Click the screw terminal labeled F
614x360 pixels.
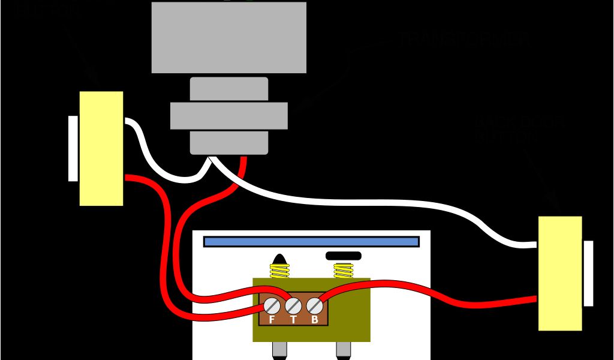[x=272, y=305]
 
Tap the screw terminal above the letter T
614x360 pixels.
[x=293, y=306]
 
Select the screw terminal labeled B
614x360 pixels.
[x=314, y=306]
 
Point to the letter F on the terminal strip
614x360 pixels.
[x=272, y=319]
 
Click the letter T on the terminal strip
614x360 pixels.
[x=293, y=319]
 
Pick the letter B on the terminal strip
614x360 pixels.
[x=314, y=319]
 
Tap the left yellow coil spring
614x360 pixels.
[x=279, y=271]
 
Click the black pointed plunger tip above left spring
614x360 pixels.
[x=279, y=259]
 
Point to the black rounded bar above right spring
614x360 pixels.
[x=343, y=256]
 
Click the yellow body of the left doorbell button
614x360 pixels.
[x=101, y=148]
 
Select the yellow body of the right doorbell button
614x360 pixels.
[x=560, y=273]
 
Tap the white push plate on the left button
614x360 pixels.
[x=73, y=148]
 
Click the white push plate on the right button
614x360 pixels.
[x=588, y=273]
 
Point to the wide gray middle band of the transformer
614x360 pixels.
[x=228, y=116]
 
